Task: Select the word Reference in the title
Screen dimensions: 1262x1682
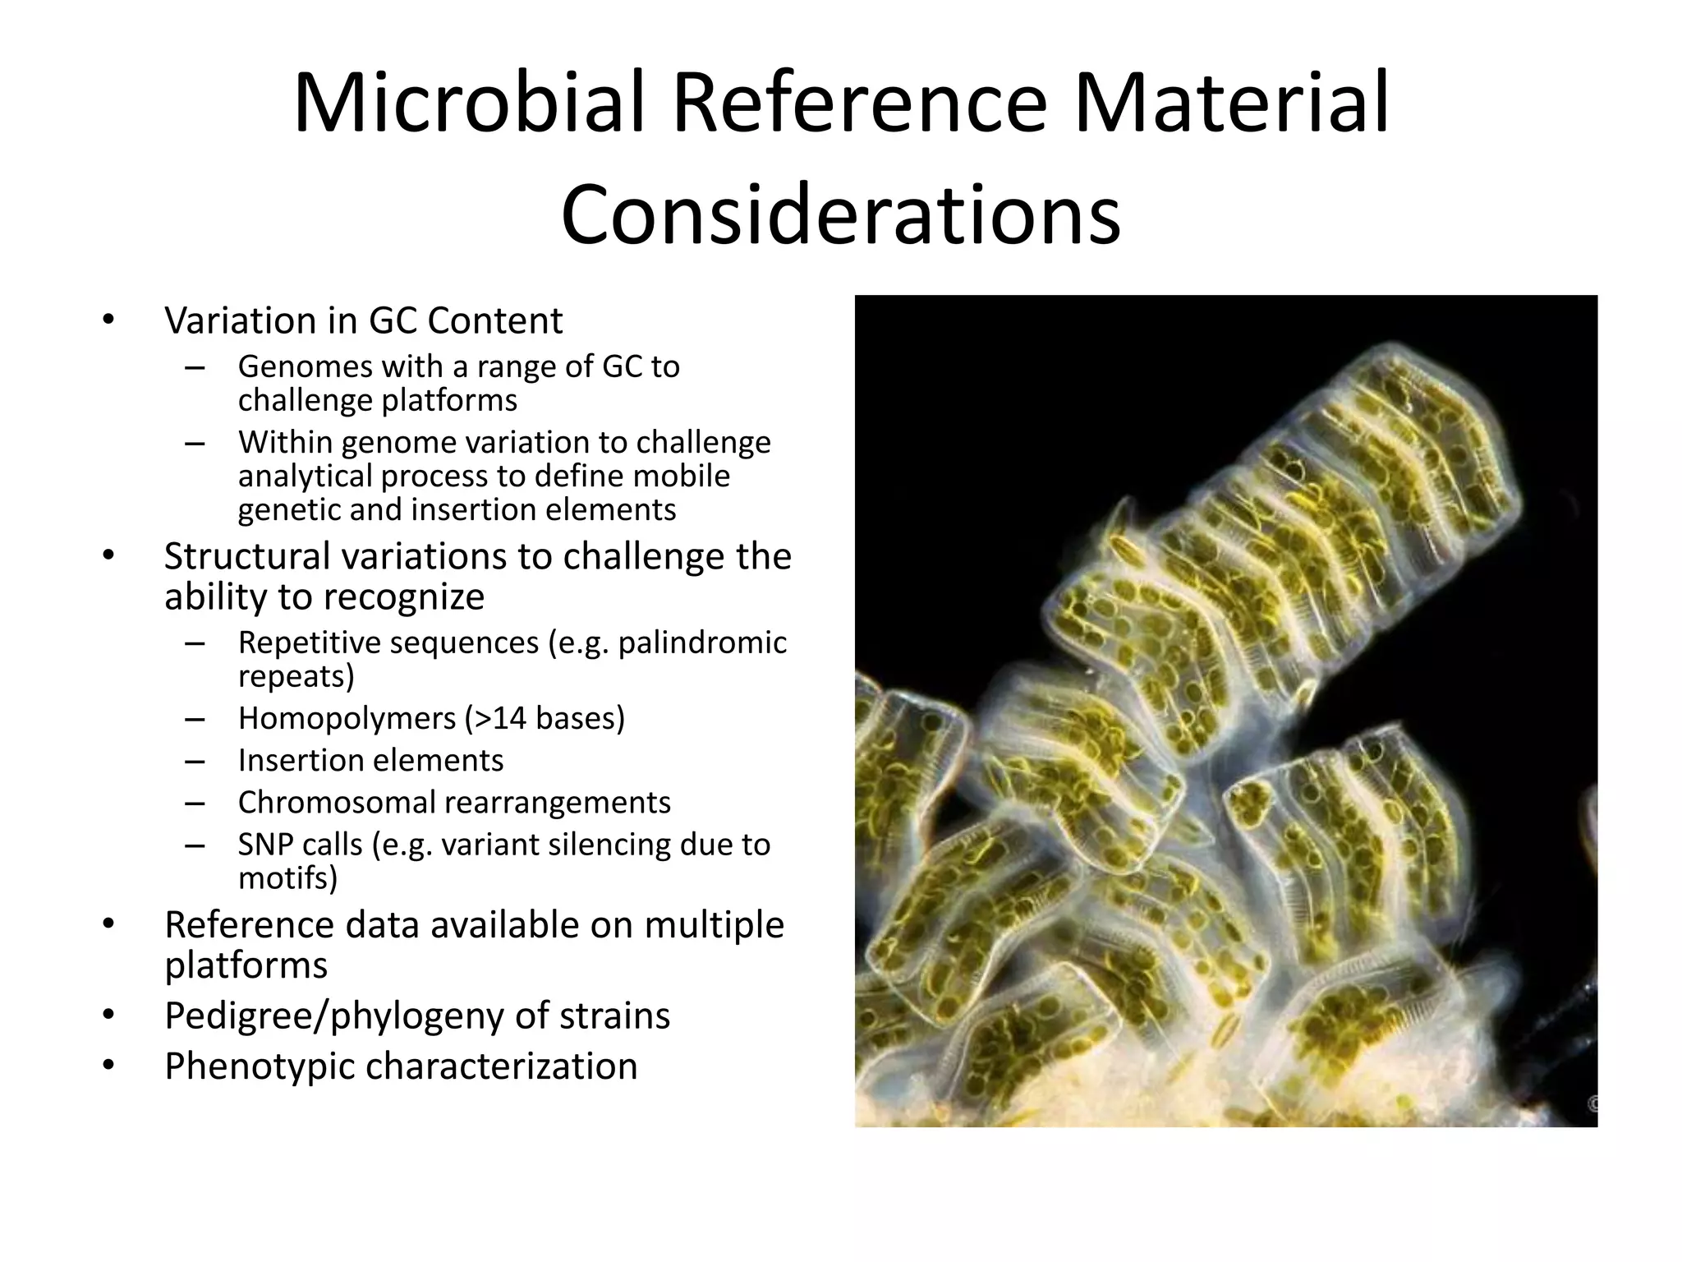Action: click(x=860, y=105)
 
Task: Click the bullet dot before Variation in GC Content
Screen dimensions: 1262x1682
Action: click(x=108, y=320)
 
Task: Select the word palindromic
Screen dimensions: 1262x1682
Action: click(x=702, y=643)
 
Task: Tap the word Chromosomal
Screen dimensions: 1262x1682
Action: click(x=336, y=803)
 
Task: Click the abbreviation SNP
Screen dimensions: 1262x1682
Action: click(x=264, y=845)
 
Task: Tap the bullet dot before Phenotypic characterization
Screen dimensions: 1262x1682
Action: click(x=108, y=1066)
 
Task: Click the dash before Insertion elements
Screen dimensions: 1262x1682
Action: click(x=195, y=761)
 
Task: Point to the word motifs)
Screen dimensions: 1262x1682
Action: click(x=287, y=878)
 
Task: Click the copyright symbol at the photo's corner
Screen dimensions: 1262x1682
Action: click(x=1592, y=1104)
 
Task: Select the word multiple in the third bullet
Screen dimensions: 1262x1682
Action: click(x=714, y=925)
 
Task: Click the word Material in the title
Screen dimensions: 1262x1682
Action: click(x=1231, y=105)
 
